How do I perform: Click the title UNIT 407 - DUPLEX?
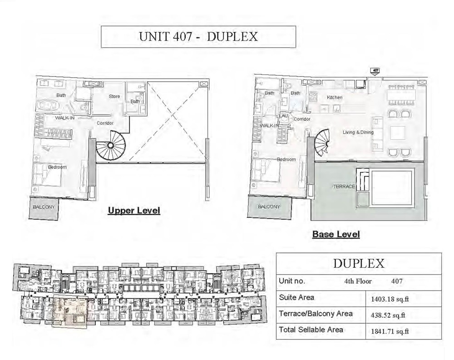click(x=198, y=37)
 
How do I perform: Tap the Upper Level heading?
click(x=133, y=211)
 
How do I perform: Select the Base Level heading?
click(x=336, y=234)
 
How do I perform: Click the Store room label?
click(x=114, y=96)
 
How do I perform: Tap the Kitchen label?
click(x=335, y=98)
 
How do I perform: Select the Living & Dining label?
click(x=358, y=133)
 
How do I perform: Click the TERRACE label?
click(x=344, y=187)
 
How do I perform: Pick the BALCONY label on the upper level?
click(x=44, y=207)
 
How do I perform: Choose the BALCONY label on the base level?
click(x=269, y=207)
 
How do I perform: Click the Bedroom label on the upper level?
click(x=57, y=167)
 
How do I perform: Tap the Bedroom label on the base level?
click(x=286, y=159)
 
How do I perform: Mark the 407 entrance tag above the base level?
click(x=375, y=71)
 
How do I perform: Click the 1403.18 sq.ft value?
click(x=387, y=299)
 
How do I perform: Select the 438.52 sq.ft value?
click(x=386, y=315)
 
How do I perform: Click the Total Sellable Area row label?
click(x=311, y=330)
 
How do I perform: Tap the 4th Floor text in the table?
click(x=358, y=281)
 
